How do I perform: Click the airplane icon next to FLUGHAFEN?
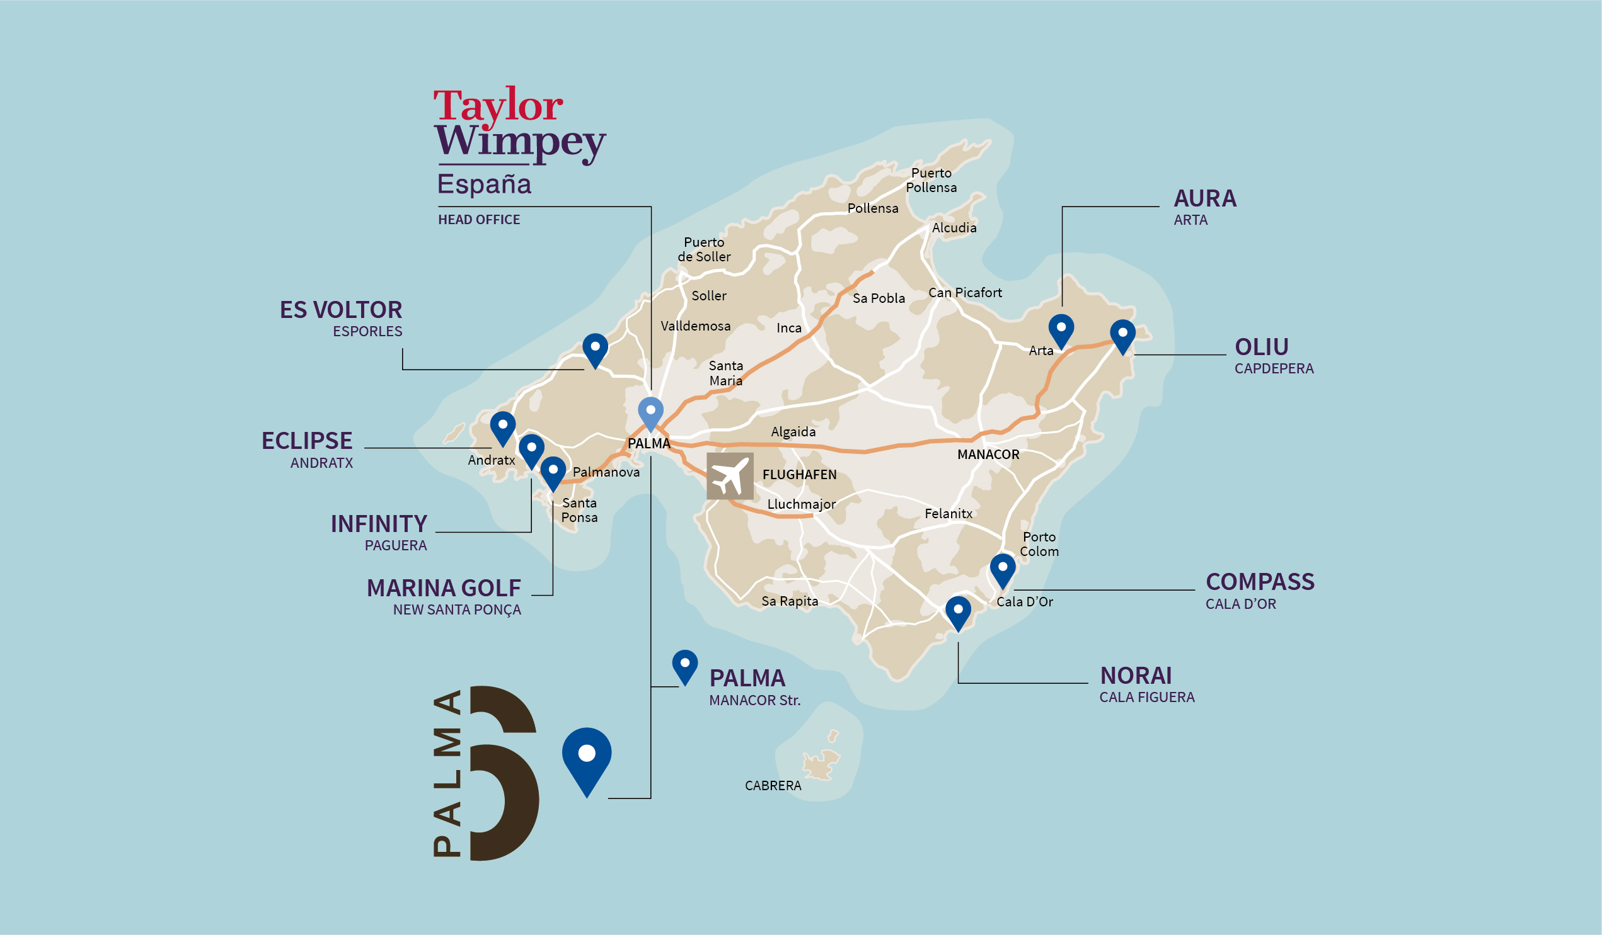pyautogui.click(x=730, y=477)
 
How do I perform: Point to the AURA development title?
pyautogui.click(x=1205, y=199)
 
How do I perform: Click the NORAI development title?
pyautogui.click(x=1136, y=676)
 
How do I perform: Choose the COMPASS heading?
pyautogui.click(x=1259, y=582)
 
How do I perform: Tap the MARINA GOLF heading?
pyautogui.click(x=444, y=588)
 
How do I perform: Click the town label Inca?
pyautogui.click(x=789, y=329)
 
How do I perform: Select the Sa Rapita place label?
pyautogui.click(x=790, y=601)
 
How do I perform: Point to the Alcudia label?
pyautogui.click(x=954, y=228)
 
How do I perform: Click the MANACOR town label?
pyautogui.click(x=988, y=455)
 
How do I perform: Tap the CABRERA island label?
pyautogui.click(x=773, y=786)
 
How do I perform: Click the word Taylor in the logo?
pyautogui.click(x=498, y=105)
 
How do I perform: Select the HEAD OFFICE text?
pyautogui.click(x=479, y=220)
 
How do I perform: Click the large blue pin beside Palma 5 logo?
pyautogui.click(x=586, y=757)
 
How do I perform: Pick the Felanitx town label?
pyautogui.click(x=948, y=513)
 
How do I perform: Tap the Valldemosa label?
pyautogui.click(x=696, y=327)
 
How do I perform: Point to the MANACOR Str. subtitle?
pyautogui.click(x=754, y=700)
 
